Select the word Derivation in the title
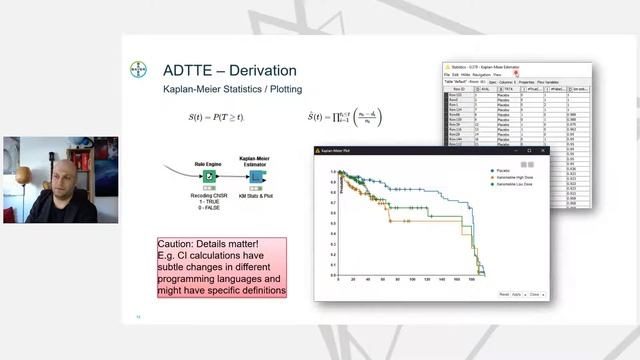(x=262, y=70)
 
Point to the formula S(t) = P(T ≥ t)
(x=217, y=118)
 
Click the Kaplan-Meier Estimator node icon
(x=257, y=178)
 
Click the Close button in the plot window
(x=535, y=294)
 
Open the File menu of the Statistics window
(x=448, y=74)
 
